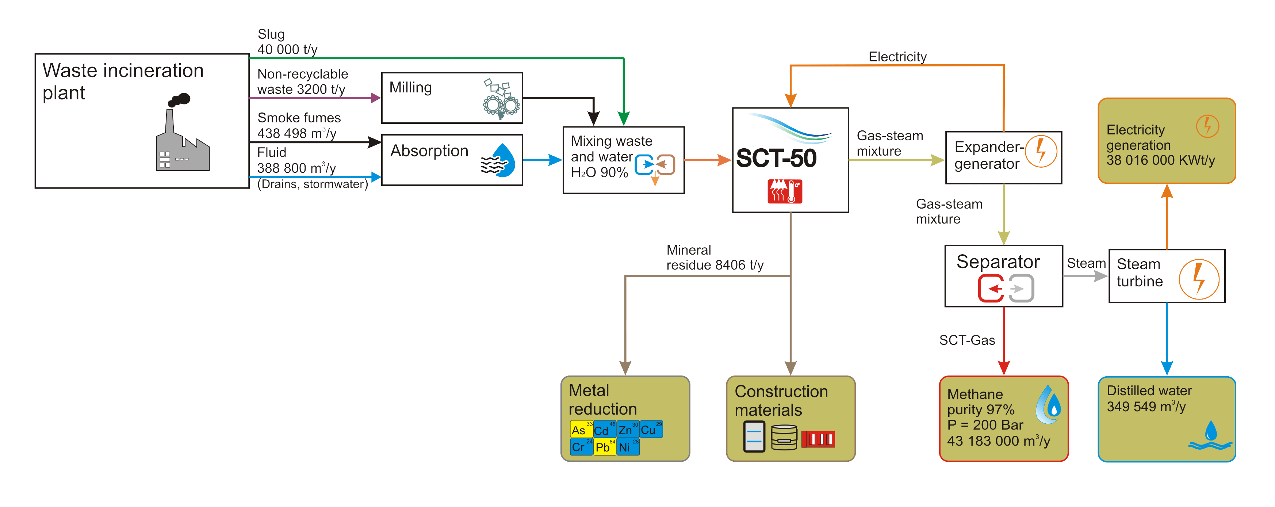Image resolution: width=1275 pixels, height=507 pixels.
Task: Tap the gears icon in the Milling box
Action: tap(501, 99)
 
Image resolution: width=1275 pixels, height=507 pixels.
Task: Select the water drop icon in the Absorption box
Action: tap(499, 161)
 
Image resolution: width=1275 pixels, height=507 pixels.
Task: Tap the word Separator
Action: tap(998, 262)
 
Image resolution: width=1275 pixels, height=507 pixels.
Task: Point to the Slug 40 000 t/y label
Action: tap(287, 42)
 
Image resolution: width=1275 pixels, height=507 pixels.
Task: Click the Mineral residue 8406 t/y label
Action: tap(714, 258)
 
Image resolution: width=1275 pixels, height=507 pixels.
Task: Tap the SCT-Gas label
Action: tap(966, 340)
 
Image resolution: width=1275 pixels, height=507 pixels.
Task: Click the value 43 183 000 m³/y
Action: tap(998, 441)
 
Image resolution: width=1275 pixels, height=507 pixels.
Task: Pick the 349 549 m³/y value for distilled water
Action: tap(1146, 407)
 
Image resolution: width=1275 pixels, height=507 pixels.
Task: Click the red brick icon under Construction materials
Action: tap(818, 439)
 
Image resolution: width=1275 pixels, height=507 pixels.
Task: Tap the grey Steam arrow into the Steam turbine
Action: tap(1086, 276)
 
